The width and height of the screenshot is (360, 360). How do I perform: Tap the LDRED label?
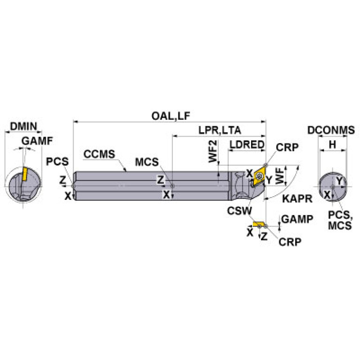(247, 145)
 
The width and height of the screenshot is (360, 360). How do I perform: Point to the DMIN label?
(23, 126)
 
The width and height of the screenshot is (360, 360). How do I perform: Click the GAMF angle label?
(37, 140)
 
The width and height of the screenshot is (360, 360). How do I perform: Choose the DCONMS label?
(331, 131)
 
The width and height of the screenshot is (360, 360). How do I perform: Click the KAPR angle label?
(297, 199)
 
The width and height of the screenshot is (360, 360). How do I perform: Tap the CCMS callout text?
(99, 153)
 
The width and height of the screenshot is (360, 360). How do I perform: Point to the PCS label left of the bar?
(58, 162)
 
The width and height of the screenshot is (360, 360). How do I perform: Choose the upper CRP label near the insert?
(286, 147)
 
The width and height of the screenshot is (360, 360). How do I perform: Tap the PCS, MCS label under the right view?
(339, 221)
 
